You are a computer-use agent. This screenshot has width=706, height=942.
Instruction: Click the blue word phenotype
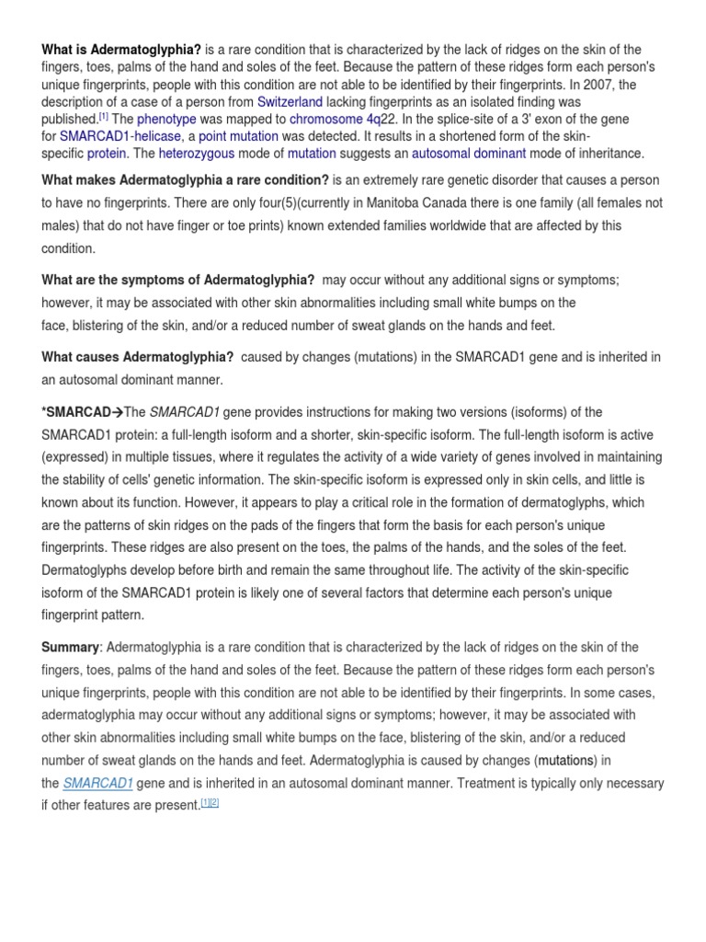173,120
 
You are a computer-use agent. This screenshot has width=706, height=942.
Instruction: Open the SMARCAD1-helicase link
121,136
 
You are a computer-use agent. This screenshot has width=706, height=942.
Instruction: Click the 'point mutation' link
237,136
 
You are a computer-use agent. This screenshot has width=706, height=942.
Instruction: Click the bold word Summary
70,648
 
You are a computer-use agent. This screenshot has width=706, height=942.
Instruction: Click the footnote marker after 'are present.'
211,803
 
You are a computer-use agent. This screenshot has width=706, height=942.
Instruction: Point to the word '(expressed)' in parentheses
76,457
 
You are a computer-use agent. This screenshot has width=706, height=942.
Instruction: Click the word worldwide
416,225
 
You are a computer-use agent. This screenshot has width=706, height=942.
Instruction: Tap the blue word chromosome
325,120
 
